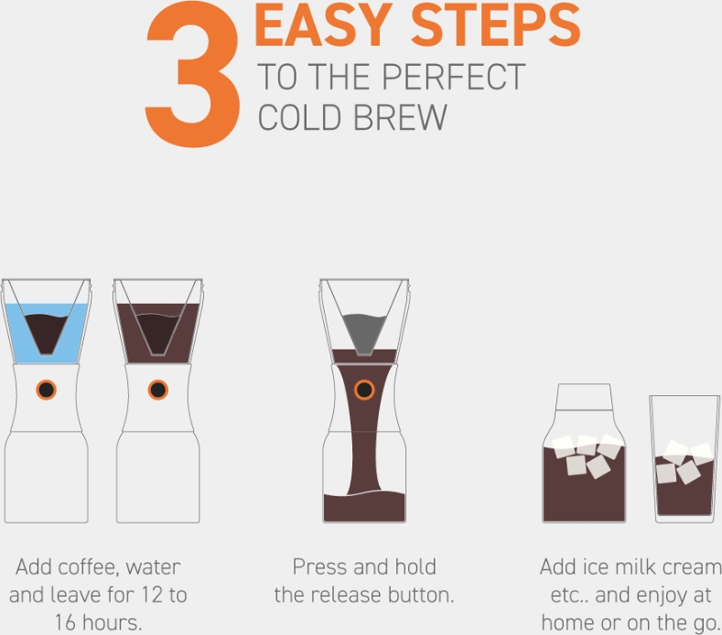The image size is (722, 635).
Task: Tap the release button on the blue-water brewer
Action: [45, 389]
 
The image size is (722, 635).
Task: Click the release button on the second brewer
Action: [158, 389]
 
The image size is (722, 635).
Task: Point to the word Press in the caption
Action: [319, 568]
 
